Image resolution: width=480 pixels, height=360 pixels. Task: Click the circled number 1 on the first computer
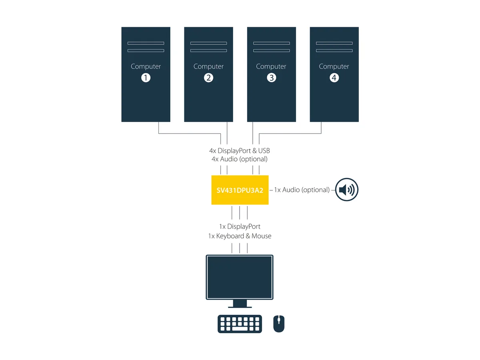[x=146, y=78]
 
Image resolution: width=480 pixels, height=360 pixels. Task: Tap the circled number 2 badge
[x=208, y=78]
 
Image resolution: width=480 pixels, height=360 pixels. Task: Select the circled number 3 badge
[x=271, y=78]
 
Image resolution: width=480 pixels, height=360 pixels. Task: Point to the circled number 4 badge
[x=334, y=78]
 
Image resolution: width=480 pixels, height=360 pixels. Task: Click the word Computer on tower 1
[x=146, y=66]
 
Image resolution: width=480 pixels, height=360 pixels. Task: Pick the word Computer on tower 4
[x=334, y=66]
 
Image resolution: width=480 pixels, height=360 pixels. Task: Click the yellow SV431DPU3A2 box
[x=240, y=190]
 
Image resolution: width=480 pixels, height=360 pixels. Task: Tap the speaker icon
[x=347, y=190]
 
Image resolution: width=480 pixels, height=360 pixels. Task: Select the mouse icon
[x=279, y=324]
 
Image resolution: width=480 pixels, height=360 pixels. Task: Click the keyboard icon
[x=240, y=324]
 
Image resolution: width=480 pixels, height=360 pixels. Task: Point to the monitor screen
[x=240, y=277]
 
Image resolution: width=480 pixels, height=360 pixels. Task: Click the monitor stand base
[x=240, y=307]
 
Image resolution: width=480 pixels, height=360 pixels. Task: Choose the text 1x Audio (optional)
[x=302, y=190]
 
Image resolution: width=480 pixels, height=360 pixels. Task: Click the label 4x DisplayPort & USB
[x=240, y=151]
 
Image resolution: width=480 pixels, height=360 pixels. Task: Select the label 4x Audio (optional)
[x=240, y=159]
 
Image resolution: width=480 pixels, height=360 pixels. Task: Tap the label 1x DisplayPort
[x=240, y=226]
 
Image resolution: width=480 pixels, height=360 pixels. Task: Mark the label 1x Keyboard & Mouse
[x=240, y=236]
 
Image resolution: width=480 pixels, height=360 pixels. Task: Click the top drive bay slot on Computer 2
[x=208, y=43]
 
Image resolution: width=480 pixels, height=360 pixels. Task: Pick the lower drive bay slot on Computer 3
[x=271, y=51]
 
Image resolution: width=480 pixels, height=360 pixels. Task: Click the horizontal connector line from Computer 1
[x=189, y=133]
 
